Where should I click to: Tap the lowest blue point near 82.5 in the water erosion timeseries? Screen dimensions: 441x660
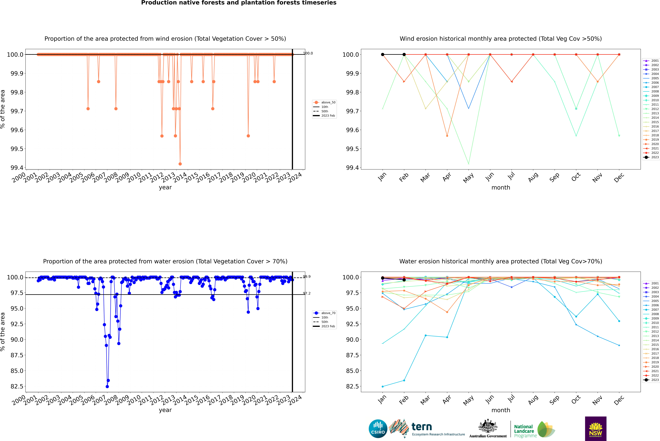(x=107, y=386)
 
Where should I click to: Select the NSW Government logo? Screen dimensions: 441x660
(x=596, y=429)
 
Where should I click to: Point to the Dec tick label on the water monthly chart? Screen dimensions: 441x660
(x=619, y=400)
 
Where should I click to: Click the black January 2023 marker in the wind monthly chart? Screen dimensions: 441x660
(x=383, y=55)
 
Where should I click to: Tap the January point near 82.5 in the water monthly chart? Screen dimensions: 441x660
(x=383, y=386)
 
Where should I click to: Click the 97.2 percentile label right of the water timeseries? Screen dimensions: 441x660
(x=307, y=293)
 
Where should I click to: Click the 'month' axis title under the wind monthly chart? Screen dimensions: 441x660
(x=500, y=188)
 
